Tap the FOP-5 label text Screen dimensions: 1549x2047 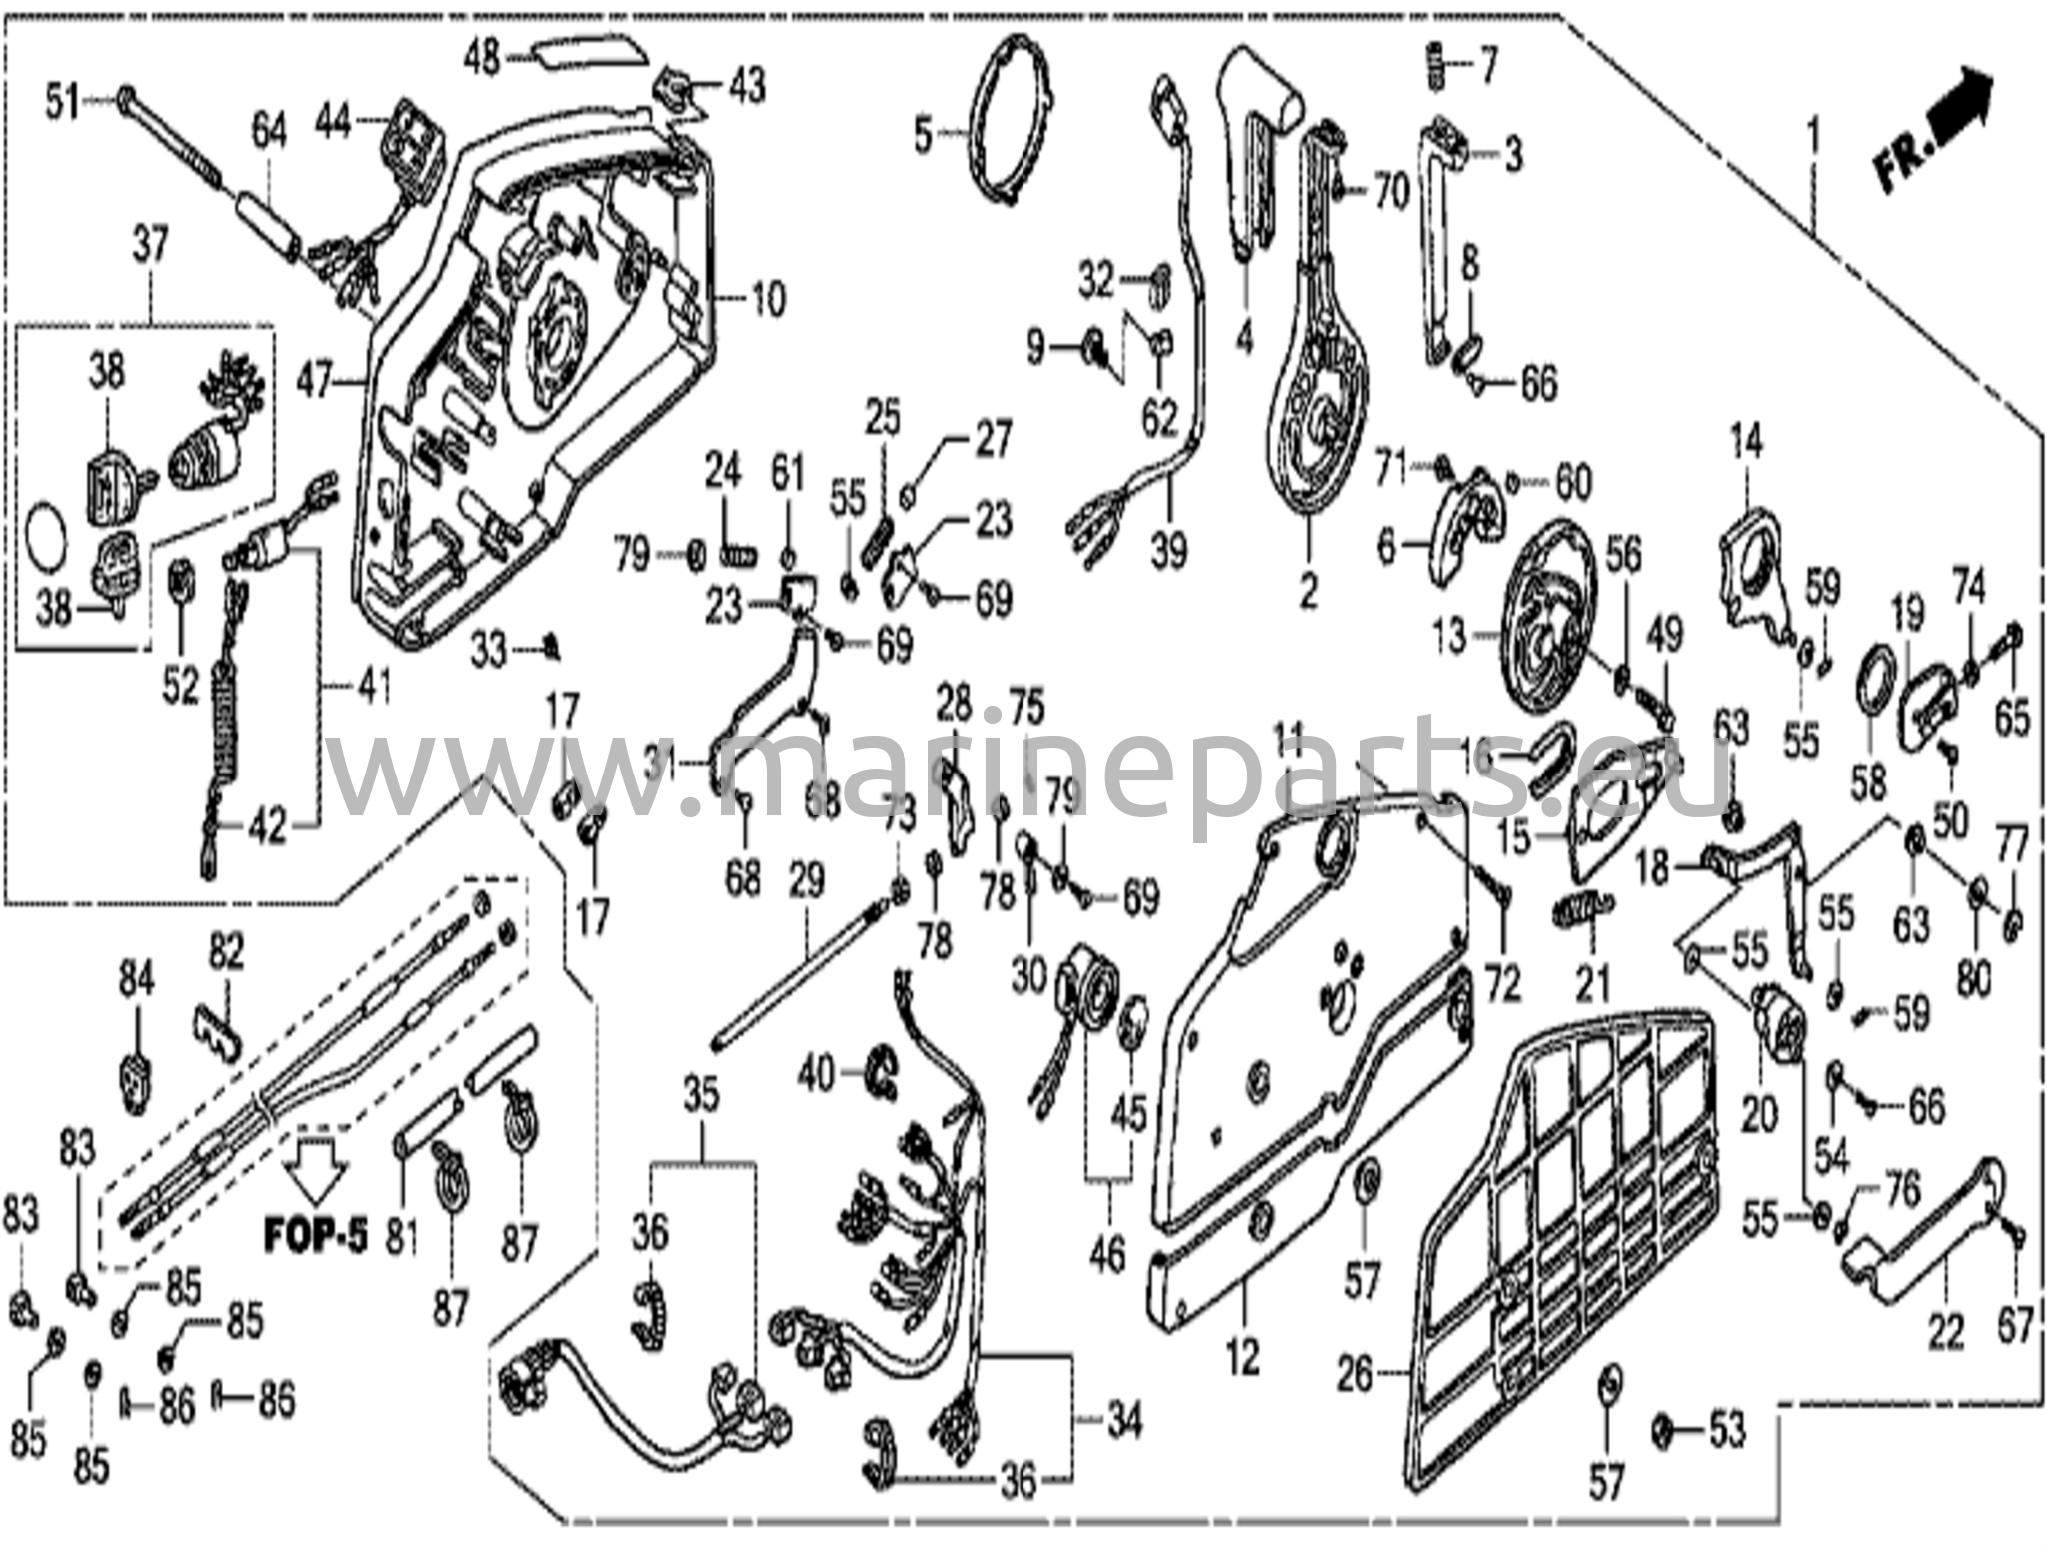coord(314,1235)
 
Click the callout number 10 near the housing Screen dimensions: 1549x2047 coord(767,299)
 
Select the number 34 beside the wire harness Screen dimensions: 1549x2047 coord(1123,1420)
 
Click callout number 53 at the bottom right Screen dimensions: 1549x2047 coord(1726,1430)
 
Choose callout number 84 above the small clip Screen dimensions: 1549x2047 coord(137,982)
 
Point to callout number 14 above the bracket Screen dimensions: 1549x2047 coord(1746,441)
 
